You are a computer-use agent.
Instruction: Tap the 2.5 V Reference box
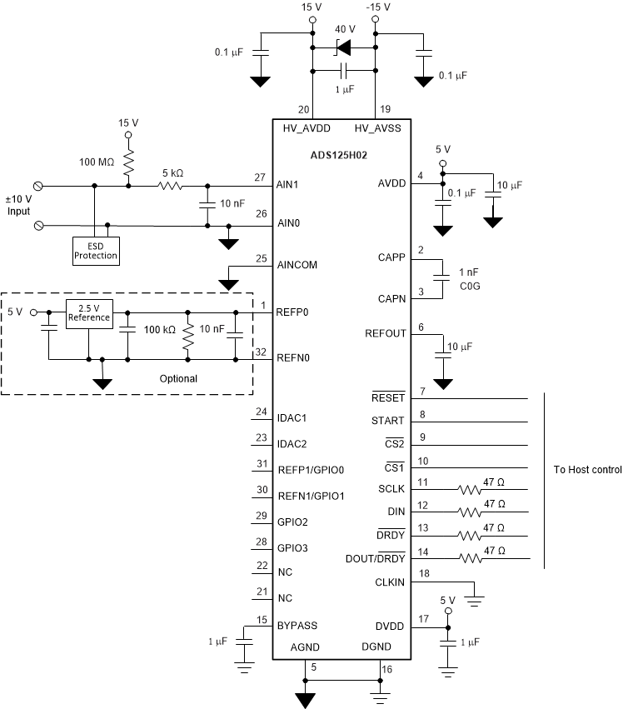pos(88,312)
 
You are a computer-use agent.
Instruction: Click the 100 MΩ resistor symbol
pos(128,162)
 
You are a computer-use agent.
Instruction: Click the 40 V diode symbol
pos(342,49)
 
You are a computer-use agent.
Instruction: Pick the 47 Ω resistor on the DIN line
pos(471,512)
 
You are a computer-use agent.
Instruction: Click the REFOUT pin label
pos(385,334)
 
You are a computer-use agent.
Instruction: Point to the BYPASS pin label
pos(297,626)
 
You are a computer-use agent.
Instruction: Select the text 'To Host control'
pos(587,470)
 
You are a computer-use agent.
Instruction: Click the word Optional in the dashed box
pos(178,378)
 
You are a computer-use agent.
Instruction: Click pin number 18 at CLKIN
pos(426,574)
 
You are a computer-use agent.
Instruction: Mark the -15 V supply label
pos(376,7)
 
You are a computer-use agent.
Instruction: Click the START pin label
pos(388,422)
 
